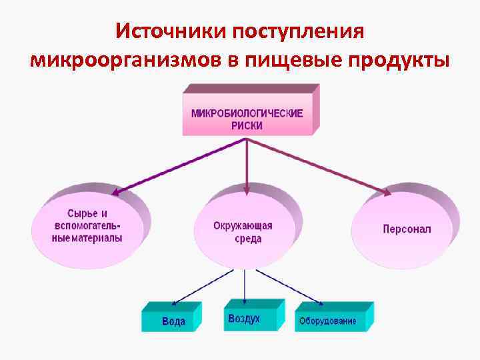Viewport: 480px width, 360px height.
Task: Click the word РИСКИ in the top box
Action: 247,125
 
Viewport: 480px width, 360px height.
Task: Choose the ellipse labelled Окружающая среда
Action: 247,230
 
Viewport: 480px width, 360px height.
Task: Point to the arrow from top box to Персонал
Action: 320,167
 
